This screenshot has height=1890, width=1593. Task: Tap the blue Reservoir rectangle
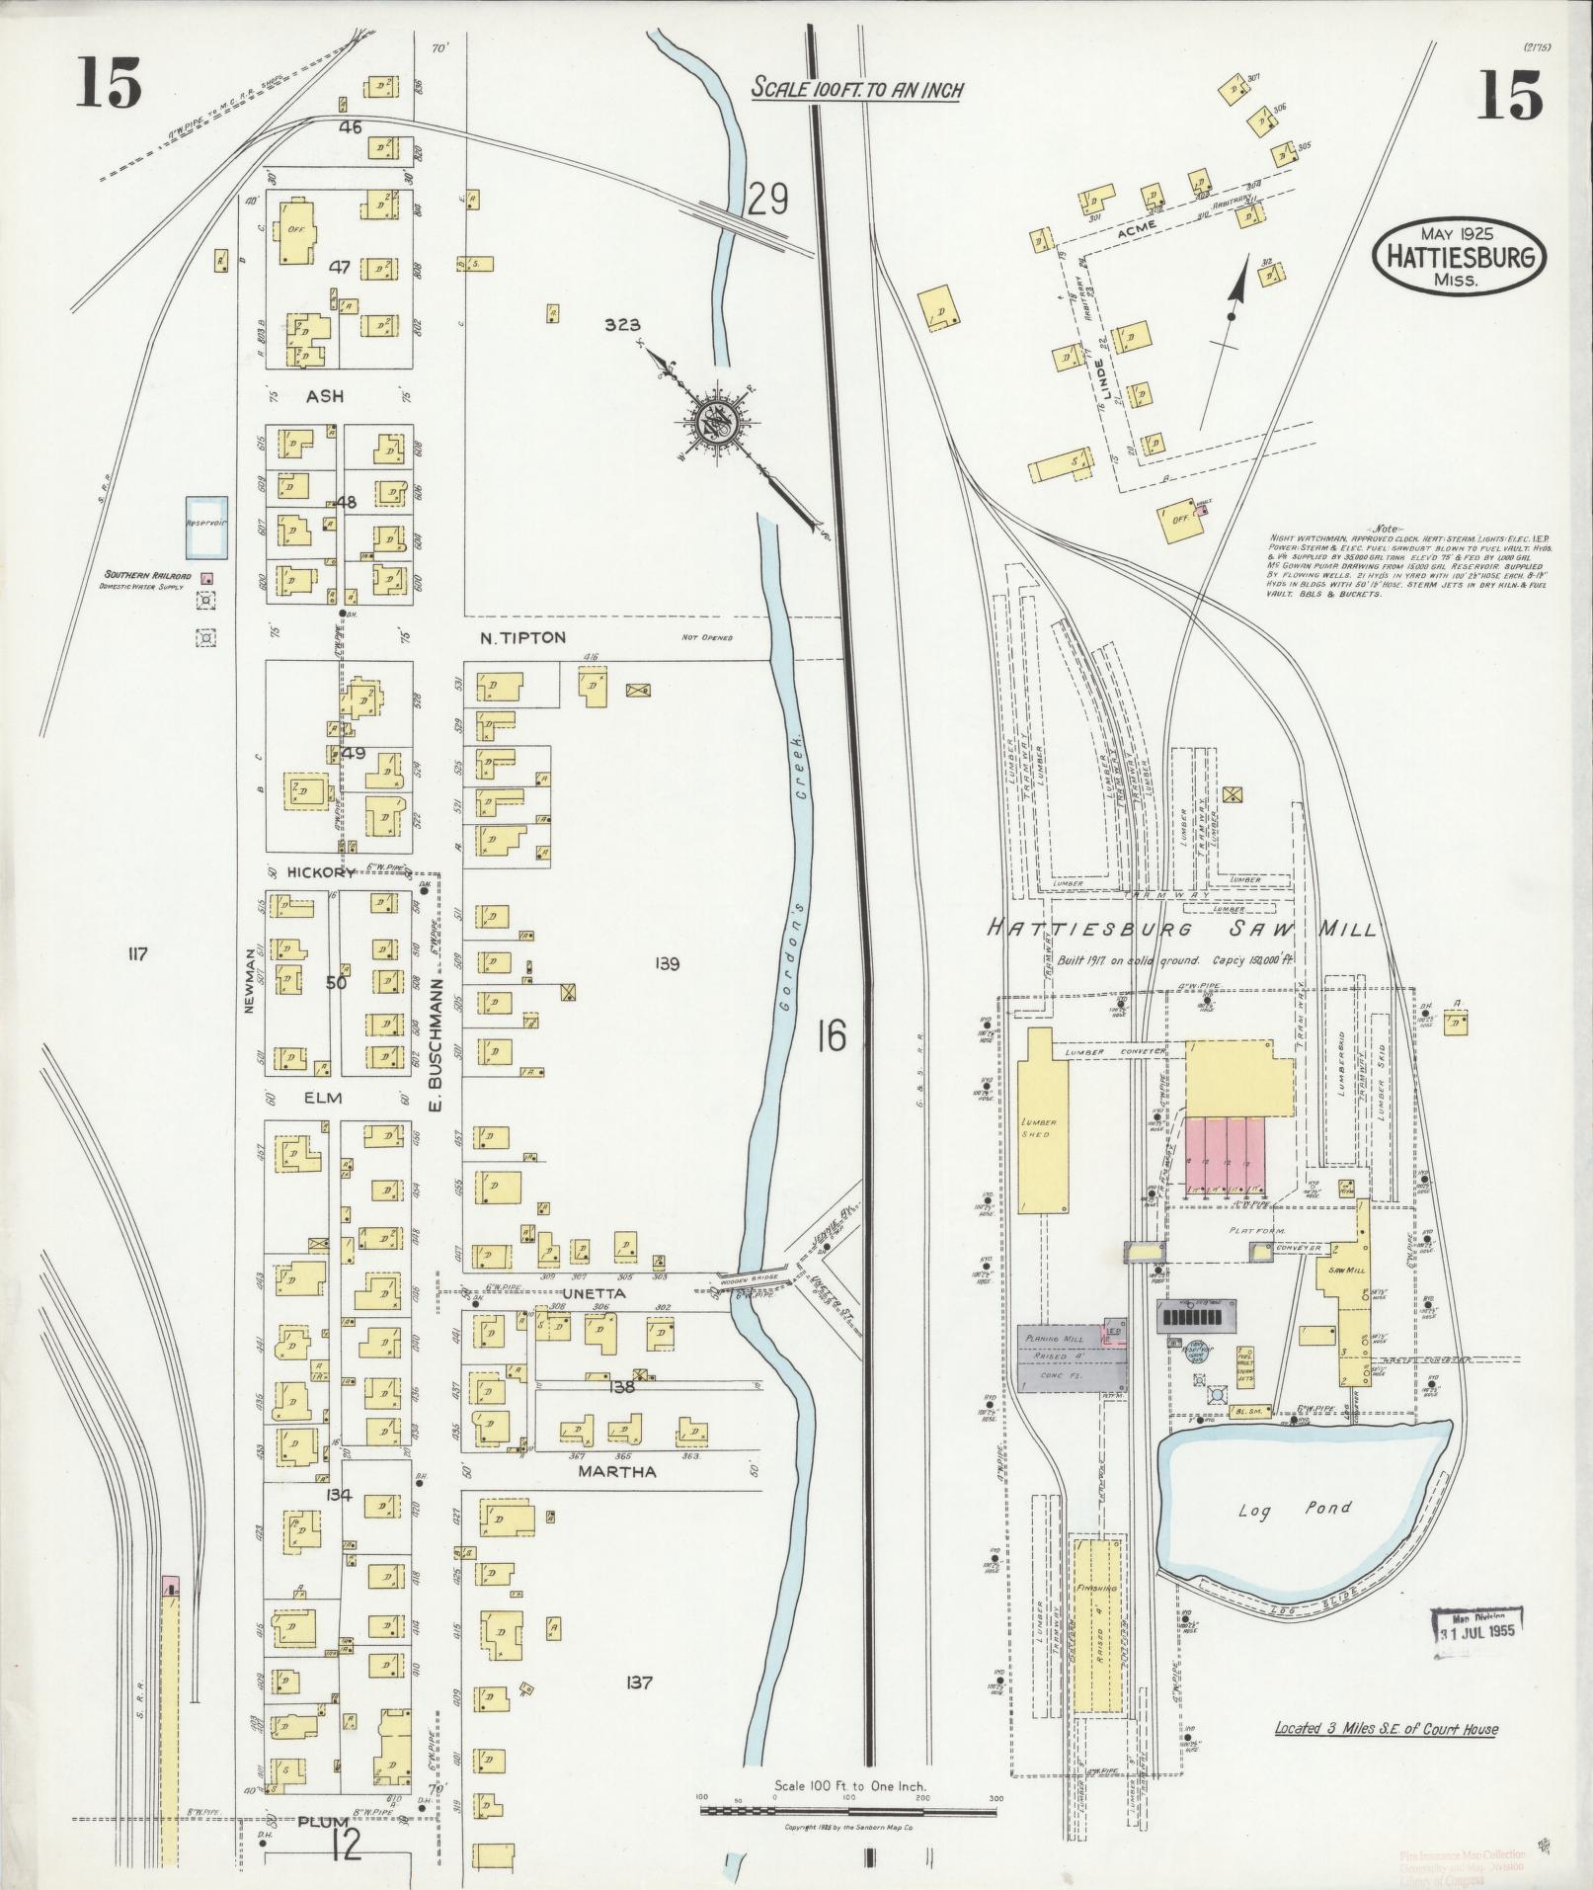coord(207,526)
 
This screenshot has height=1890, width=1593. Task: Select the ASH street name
coord(324,395)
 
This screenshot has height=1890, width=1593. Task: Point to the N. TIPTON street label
coord(522,638)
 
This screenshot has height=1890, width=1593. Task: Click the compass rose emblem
coord(714,422)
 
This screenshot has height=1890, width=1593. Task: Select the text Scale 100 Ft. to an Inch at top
coord(856,89)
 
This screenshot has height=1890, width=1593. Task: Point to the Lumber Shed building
coord(1043,1126)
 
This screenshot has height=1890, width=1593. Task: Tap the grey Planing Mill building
coord(1070,1359)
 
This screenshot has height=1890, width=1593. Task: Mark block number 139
coord(668,963)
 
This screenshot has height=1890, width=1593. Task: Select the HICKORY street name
coord(321,872)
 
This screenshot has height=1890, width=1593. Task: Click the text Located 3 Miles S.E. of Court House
coord(1385,1729)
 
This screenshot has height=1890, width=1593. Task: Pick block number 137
coord(639,1683)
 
